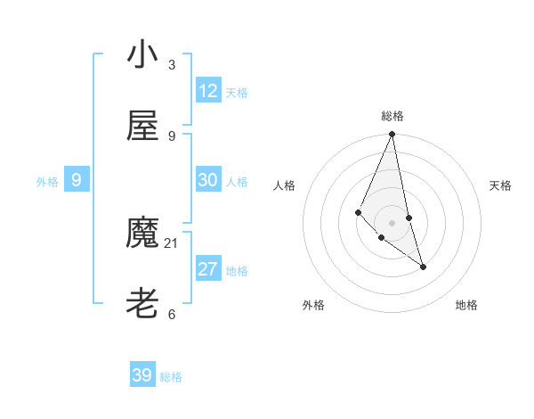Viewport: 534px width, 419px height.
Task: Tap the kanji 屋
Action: click(x=142, y=126)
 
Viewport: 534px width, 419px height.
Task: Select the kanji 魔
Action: click(x=142, y=234)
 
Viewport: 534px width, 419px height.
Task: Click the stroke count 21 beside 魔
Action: click(x=172, y=242)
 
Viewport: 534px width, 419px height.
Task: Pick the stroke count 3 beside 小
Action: click(x=172, y=65)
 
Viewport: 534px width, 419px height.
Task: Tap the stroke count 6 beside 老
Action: click(x=172, y=314)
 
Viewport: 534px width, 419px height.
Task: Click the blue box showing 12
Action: click(x=208, y=91)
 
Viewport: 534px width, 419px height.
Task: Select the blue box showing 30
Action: click(x=208, y=180)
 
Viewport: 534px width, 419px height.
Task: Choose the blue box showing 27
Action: click(x=208, y=269)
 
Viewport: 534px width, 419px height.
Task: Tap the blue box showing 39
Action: click(x=142, y=375)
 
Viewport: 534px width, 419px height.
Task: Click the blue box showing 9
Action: click(x=77, y=181)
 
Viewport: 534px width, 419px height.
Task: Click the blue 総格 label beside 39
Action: click(x=171, y=377)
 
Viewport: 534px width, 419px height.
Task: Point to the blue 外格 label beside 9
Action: click(x=47, y=182)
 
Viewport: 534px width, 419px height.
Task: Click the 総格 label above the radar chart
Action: click(x=392, y=116)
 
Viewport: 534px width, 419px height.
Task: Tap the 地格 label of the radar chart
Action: click(x=466, y=305)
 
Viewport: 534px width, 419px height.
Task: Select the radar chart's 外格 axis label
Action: click(x=313, y=305)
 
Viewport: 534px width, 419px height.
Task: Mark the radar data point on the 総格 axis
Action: click(x=392, y=135)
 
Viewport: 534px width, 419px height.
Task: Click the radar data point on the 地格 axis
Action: click(x=423, y=267)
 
